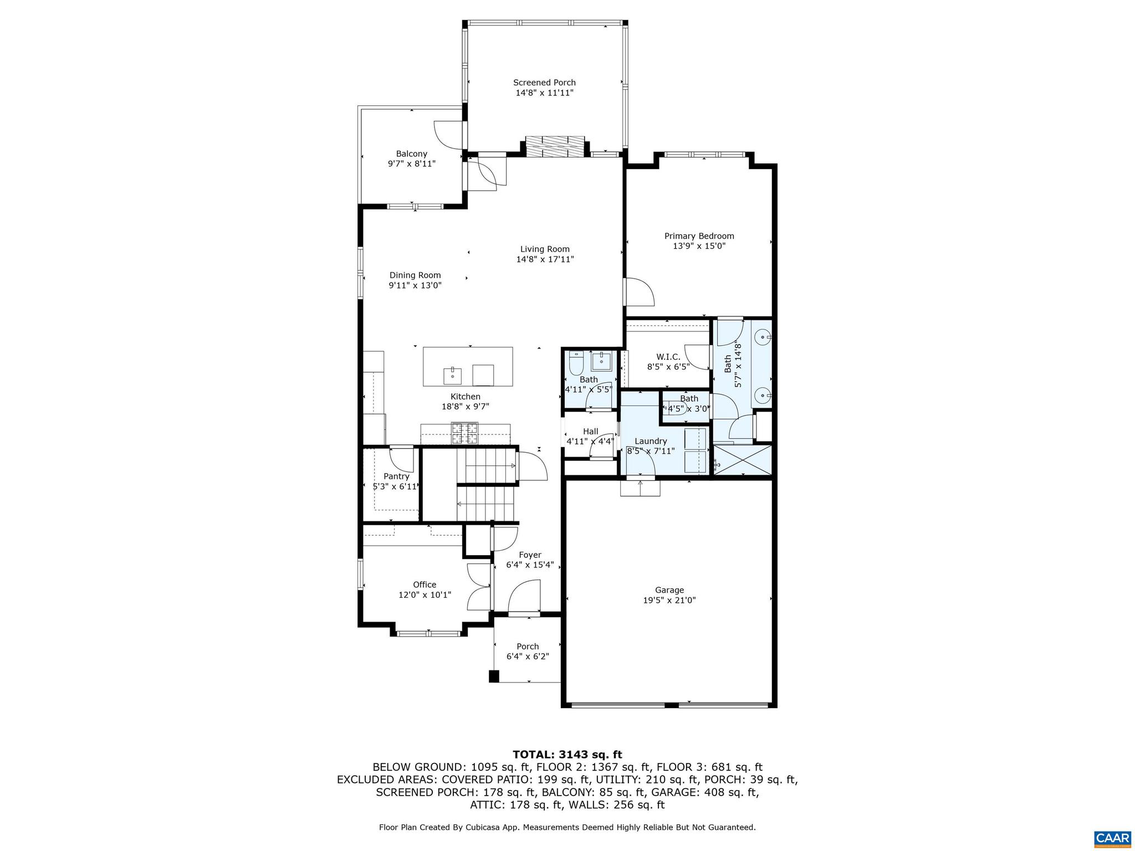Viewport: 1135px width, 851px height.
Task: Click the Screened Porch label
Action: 544,83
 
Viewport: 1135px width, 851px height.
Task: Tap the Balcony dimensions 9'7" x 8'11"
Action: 411,164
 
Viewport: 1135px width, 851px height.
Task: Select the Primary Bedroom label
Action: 699,236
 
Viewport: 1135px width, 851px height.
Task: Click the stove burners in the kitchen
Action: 464,433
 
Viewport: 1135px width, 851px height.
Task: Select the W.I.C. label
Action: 668,357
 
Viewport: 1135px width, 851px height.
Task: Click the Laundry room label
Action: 650,441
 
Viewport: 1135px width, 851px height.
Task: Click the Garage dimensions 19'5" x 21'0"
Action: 669,600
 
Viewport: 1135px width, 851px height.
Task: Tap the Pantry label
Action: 396,476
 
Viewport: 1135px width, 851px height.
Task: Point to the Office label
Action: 425,585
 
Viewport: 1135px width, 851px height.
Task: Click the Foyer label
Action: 530,555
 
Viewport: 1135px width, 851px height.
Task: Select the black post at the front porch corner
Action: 494,676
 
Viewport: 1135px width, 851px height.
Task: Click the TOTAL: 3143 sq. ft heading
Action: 567,755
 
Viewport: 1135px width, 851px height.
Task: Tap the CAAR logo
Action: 1112,837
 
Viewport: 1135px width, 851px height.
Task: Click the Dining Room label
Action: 415,275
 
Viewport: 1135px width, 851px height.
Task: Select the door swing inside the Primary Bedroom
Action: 641,292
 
